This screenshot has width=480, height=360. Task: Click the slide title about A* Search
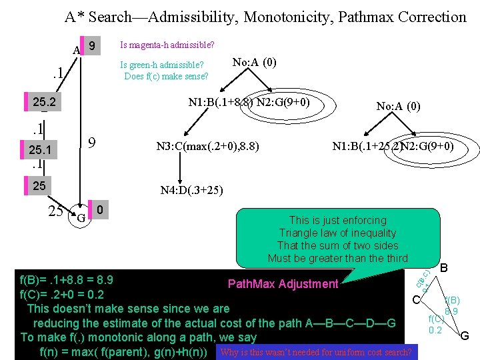pos(265,17)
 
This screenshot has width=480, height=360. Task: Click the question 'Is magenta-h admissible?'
pos(167,45)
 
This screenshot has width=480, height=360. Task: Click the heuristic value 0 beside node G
pos(99,210)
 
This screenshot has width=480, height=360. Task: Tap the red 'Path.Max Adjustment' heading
pos(283,284)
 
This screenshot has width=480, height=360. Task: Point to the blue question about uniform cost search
pos(315,352)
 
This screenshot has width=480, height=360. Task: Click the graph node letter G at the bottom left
pos(80,217)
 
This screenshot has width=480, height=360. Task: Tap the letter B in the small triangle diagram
pos(445,269)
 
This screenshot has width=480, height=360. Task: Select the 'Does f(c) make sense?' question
pos(166,76)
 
